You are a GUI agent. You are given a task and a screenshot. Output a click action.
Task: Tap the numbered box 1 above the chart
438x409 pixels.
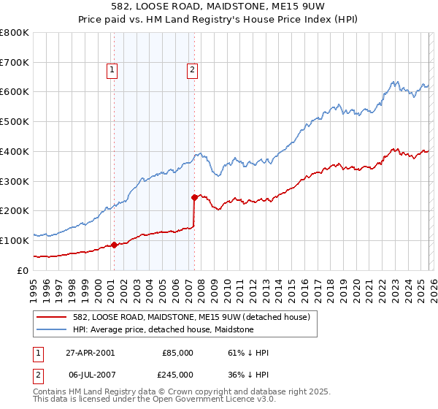[112, 70]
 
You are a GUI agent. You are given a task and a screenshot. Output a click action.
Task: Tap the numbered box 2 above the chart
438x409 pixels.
[191, 70]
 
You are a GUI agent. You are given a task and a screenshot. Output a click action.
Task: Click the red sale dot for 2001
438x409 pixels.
[115, 245]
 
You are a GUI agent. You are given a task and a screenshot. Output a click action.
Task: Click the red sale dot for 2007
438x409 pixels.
[194, 197]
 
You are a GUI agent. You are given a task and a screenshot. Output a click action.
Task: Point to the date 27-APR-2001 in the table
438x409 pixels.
[90, 353]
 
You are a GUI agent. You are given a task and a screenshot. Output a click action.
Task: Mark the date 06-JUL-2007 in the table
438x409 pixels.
[90, 375]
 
